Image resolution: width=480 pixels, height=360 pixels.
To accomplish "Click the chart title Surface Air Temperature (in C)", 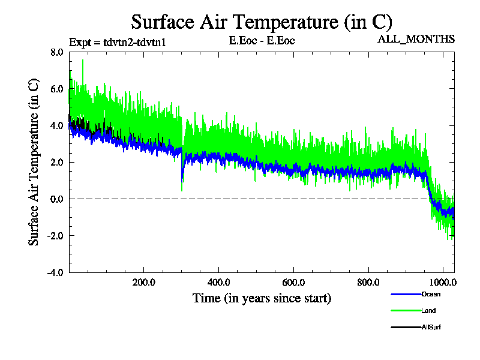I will (262, 22).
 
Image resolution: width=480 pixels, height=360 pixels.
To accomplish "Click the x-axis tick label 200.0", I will (144, 283).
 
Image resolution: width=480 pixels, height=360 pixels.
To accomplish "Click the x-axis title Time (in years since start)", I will (262, 298).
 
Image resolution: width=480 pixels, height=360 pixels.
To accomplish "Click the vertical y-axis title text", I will (34, 162).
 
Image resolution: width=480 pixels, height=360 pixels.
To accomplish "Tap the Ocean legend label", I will (431, 294).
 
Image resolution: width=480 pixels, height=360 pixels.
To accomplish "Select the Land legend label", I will (428, 310).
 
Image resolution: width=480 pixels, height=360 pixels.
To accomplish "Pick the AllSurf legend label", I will (431, 327).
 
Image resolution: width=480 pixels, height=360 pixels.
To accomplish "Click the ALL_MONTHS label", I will (416, 40).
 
